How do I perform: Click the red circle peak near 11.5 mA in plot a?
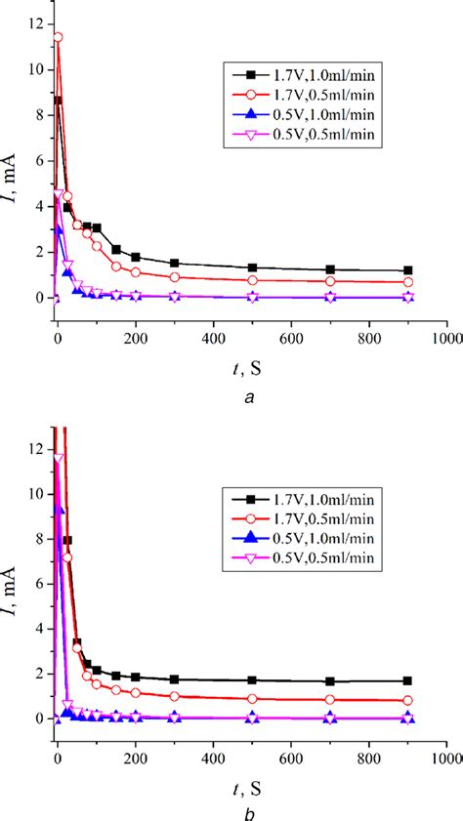coord(58,37)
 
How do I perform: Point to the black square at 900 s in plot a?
coord(407,270)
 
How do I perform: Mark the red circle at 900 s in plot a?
coord(407,282)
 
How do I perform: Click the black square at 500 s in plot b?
coord(252,680)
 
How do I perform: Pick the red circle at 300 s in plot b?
coord(174,696)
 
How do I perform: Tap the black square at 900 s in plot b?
coord(407,680)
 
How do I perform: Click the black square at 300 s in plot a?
coord(174,264)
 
